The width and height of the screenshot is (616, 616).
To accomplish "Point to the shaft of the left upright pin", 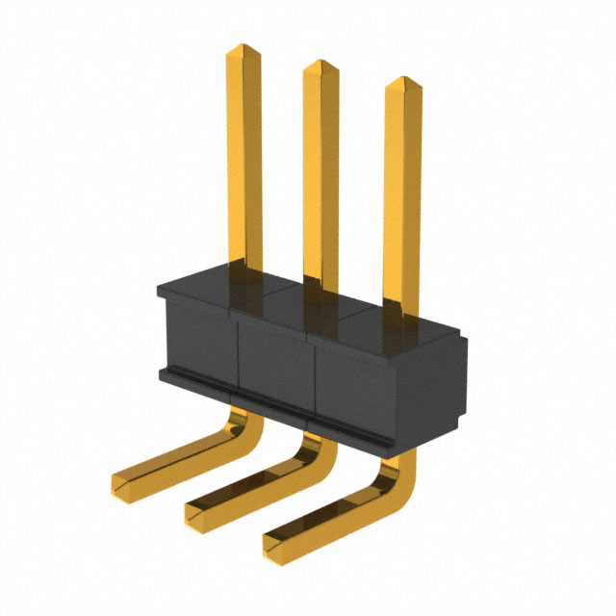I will tap(244, 164).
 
